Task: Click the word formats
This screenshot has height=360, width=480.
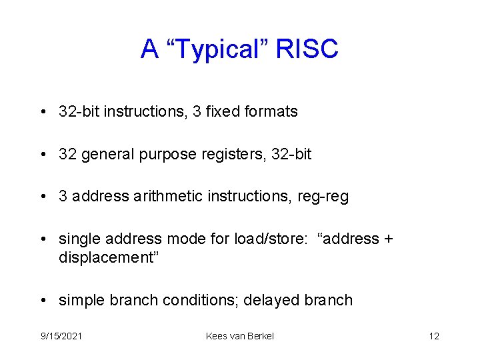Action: coord(273,112)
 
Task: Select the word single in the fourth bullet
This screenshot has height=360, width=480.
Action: coord(78,239)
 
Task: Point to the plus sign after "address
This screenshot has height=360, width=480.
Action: coord(389,239)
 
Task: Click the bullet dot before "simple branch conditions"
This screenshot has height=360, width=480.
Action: coord(43,301)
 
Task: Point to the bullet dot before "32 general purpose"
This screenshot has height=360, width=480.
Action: coord(43,155)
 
